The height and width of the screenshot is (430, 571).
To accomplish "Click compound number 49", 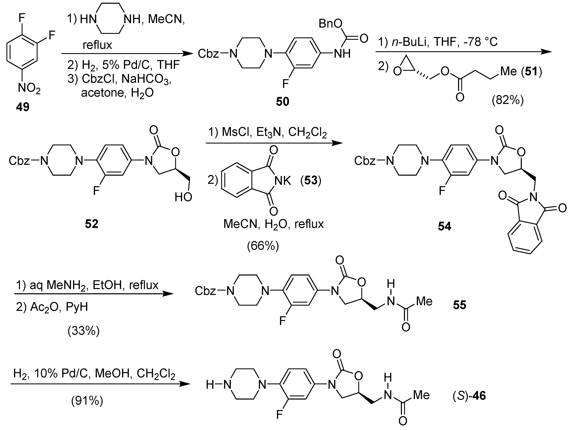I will point(23,107).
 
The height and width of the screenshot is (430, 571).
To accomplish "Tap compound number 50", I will point(282,102).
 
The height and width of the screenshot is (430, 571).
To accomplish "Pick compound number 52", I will point(92,224).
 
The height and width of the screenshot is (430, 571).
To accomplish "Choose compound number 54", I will point(445,226).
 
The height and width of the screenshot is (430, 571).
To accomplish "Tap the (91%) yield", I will point(87,401).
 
